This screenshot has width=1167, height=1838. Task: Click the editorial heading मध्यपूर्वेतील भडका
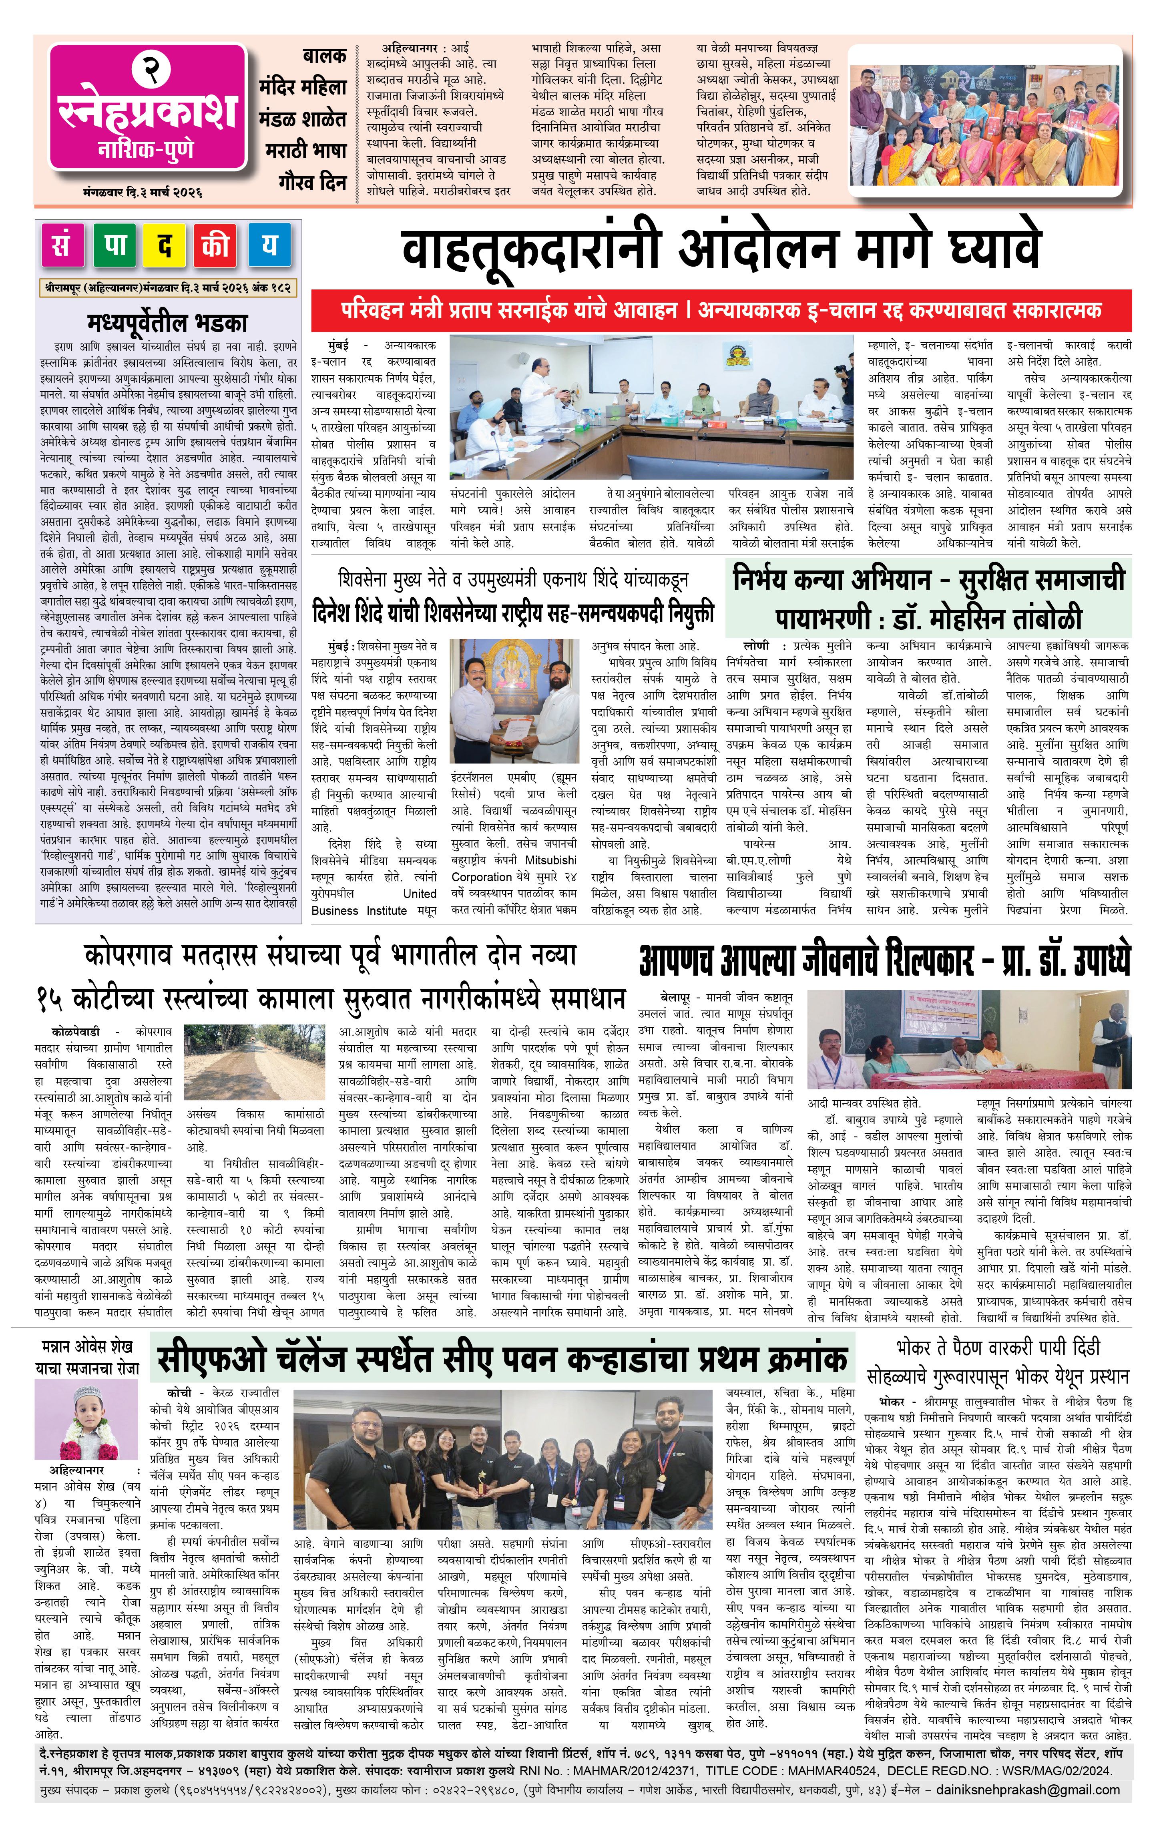[167, 321]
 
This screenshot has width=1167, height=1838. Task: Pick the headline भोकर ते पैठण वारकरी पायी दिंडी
[998, 1361]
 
